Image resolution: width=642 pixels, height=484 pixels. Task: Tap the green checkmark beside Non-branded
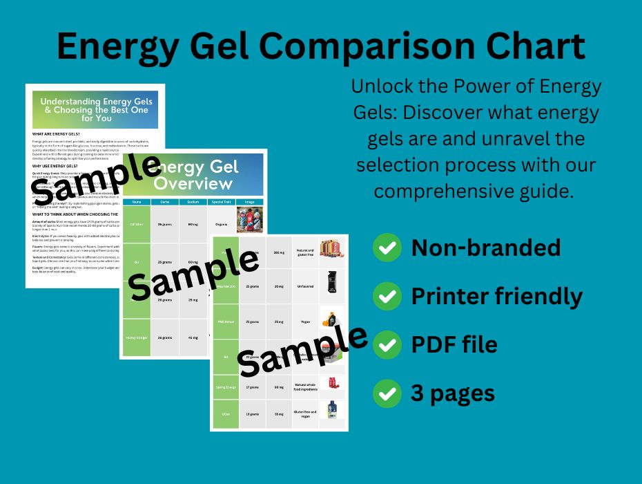pyautogui.click(x=387, y=248)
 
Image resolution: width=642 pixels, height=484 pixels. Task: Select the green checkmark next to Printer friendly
pyautogui.click(x=387, y=296)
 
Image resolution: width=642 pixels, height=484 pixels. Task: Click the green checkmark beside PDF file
pyautogui.click(x=387, y=344)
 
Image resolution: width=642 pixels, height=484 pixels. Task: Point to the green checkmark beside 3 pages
pyautogui.click(x=387, y=393)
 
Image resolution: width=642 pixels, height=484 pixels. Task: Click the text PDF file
pyautogui.click(x=454, y=344)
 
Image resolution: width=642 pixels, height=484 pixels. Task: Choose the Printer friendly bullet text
pyautogui.click(x=496, y=296)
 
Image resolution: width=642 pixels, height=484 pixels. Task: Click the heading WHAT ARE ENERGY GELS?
pyautogui.click(x=59, y=133)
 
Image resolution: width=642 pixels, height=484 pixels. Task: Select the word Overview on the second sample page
pyautogui.click(x=193, y=184)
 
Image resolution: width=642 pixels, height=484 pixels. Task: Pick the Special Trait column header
pyautogui.click(x=220, y=202)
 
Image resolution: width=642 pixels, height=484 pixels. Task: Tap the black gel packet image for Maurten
pyautogui.click(x=333, y=285)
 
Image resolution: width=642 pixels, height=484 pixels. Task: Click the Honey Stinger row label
pyautogui.click(x=137, y=337)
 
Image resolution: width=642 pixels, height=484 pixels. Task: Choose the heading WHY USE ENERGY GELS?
pyautogui.click(x=57, y=166)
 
